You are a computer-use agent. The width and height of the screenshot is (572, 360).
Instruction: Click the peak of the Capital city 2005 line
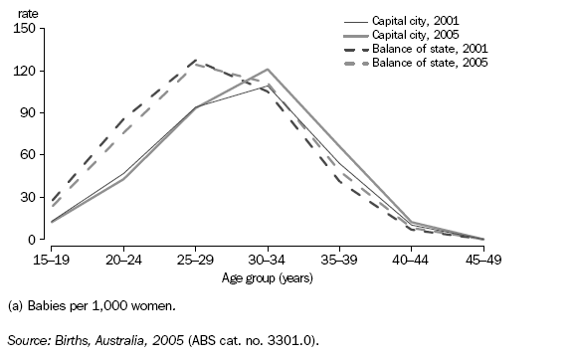(x=268, y=70)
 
